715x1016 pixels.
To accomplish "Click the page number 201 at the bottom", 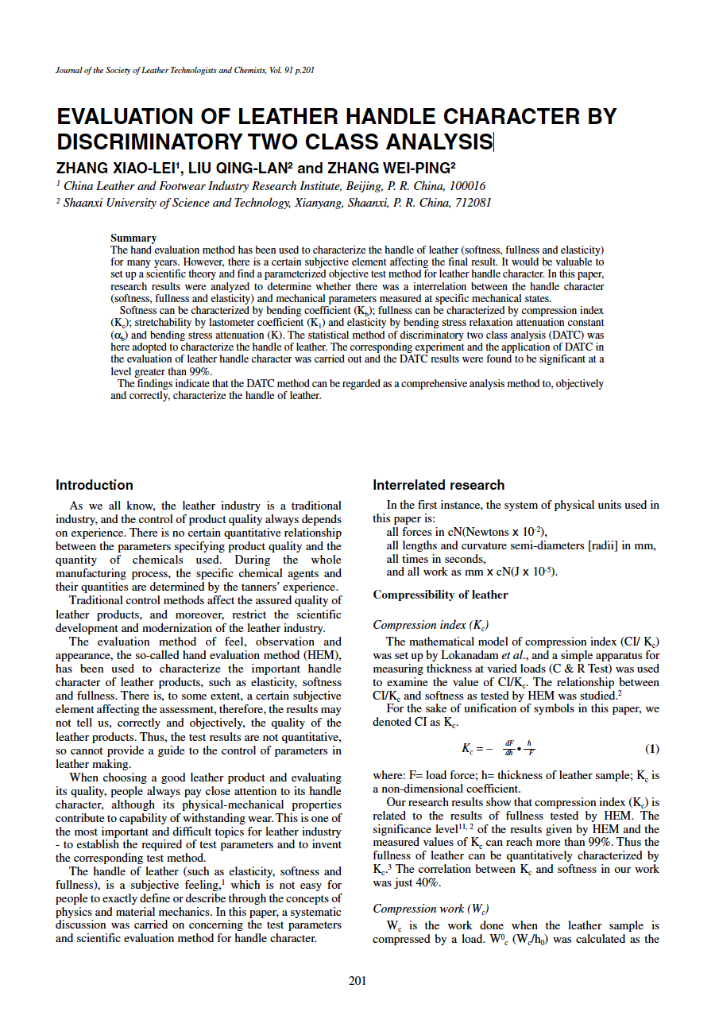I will click(x=357, y=981).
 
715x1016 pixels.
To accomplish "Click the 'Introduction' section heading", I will click(x=95, y=485).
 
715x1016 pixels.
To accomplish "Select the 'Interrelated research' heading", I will click(x=439, y=485).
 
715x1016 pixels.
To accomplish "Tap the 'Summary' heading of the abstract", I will click(x=133, y=238).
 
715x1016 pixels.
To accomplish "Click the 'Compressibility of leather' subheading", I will click(x=440, y=595).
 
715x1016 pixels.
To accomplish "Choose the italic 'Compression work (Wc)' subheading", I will click(x=425, y=909).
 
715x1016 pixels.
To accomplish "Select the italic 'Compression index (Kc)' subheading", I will click(x=425, y=625).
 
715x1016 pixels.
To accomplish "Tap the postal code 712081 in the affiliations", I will click(x=473, y=202).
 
